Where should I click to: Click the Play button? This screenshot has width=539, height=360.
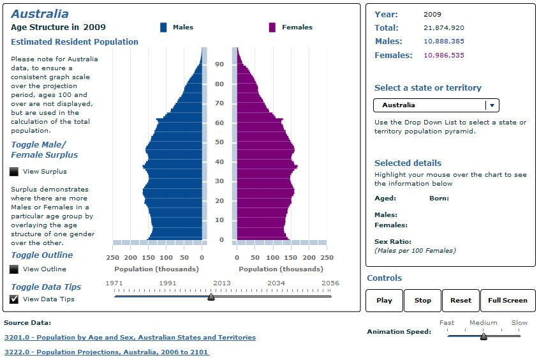(x=384, y=300)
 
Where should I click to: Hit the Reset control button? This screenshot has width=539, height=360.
(x=461, y=300)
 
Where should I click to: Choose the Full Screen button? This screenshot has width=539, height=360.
(x=508, y=300)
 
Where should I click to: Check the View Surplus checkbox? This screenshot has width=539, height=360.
(x=15, y=172)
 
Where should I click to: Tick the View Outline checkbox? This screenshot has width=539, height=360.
(x=15, y=269)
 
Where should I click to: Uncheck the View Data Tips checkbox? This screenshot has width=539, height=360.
(x=15, y=299)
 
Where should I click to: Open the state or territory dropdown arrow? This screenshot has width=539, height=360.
(x=492, y=105)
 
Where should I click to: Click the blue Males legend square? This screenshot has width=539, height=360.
(x=163, y=27)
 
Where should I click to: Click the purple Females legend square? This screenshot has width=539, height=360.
(x=272, y=27)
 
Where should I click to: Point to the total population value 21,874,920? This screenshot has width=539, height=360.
(x=443, y=28)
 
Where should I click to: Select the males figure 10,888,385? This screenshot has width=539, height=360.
(x=443, y=41)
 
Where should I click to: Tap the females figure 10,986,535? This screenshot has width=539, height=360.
(x=443, y=56)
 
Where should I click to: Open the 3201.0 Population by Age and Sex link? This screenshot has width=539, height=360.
(x=130, y=338)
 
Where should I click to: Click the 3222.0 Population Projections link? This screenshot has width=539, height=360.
(x=107, y=352)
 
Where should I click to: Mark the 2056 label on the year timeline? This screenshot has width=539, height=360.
(x=330, y=283)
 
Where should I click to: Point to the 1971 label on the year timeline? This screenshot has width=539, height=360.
(x=114, y=283)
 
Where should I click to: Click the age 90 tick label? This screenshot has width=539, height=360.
(x=219, y=64)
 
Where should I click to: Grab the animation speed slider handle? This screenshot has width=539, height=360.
(x=484, y=336)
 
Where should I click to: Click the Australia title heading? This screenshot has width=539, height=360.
(x=40, y=14)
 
